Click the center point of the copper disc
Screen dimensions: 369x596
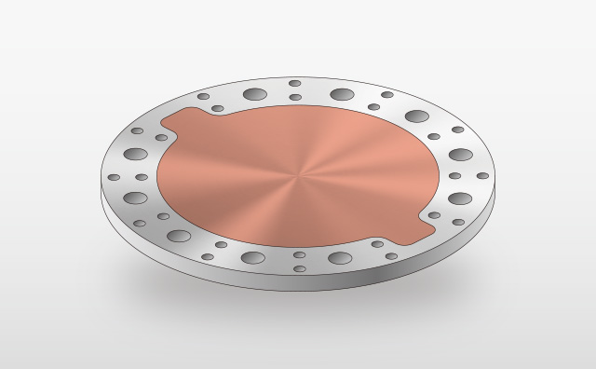point(298,175)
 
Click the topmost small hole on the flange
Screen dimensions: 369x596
point(295,84)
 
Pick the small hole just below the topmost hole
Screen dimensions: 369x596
point(295,97)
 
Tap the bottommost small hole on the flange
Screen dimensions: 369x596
point(300,268)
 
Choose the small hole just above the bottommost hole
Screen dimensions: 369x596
point(300,254)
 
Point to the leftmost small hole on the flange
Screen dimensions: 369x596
point(114,177)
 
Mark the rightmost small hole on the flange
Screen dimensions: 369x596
point(482,175)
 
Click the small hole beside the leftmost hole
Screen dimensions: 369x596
point(142,177)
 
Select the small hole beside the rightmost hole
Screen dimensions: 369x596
point(454,175)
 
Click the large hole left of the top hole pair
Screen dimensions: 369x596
point(253,94)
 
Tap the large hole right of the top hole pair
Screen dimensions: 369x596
point(342,94)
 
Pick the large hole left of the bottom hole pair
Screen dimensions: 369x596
point(252,258)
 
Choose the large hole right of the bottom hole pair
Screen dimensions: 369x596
point(340,258)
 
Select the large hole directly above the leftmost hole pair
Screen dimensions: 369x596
point(136,154)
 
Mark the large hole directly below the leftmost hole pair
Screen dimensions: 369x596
point(136,198)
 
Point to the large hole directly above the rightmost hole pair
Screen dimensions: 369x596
point(460,155)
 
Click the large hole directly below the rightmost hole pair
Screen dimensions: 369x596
point(459,198)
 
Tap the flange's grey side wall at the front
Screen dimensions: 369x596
point(298,283)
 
